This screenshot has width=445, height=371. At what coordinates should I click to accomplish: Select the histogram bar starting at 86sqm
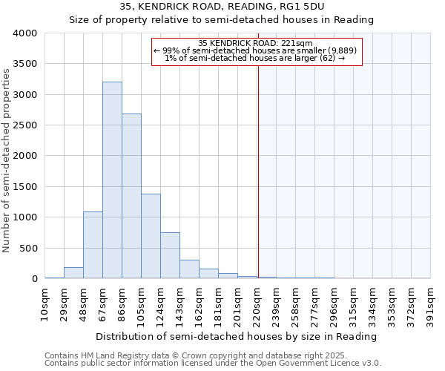click(x=131, y=197)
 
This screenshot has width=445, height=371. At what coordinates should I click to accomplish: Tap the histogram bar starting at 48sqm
click(x=93, y=245)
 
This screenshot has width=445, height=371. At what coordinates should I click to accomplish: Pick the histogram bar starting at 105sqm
click(x=151, y=236)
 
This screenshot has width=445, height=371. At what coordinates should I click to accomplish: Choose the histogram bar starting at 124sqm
click(x=170, y=255)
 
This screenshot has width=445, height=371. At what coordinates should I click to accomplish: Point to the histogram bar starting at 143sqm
click(x=189, y=269)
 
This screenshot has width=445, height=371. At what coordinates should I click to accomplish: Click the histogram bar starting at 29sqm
click(x=73, y=273)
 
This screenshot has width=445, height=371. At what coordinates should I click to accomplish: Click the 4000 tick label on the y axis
click(x=25, y=33)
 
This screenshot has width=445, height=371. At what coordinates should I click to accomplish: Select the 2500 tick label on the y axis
click(x=25, y=125)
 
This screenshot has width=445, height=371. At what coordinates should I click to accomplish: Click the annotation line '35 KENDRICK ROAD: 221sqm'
click(x=256, y=43)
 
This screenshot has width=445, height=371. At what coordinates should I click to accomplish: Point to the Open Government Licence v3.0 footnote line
click(x=213, y=364)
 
